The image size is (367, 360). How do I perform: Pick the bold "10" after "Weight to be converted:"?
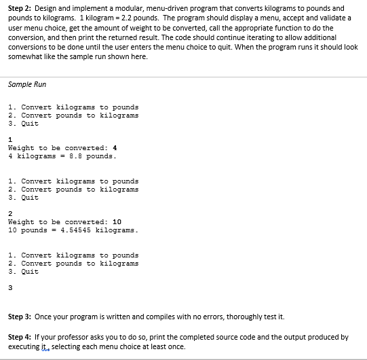116,222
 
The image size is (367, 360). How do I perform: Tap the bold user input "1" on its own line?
10,140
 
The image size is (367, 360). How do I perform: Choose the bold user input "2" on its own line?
10,214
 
